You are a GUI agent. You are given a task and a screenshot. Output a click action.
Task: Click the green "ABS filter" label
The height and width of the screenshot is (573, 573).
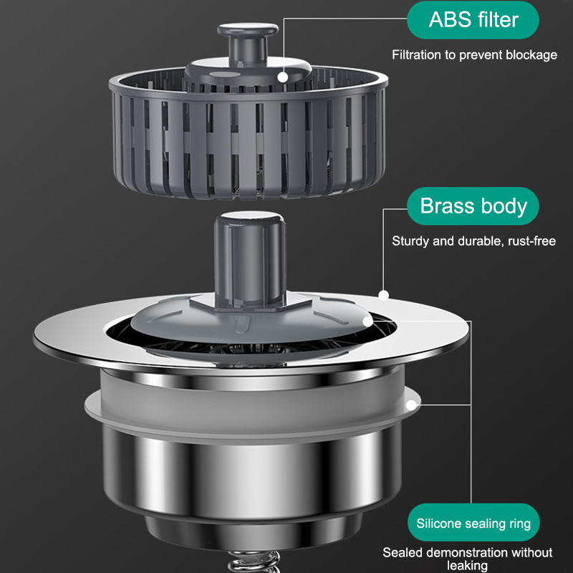pos(473,20)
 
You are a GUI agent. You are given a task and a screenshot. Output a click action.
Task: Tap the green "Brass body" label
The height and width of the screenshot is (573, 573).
pos(473,206)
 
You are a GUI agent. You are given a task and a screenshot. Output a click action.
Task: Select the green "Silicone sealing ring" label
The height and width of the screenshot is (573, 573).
pos(473,523)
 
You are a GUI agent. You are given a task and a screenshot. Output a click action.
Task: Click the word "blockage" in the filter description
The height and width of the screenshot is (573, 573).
pos(531,55)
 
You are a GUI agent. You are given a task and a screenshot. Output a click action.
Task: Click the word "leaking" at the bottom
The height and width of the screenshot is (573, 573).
pos(467,565)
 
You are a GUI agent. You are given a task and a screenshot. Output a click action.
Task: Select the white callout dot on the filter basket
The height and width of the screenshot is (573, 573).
pos(282,77)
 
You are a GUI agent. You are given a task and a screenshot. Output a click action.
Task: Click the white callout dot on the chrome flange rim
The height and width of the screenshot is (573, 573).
pos(383,295)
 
